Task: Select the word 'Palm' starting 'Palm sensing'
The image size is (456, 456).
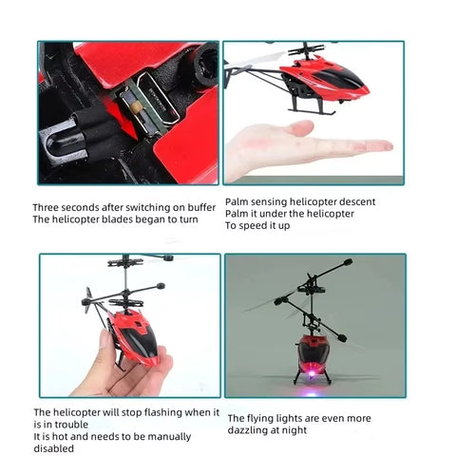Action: coord(237,201)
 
